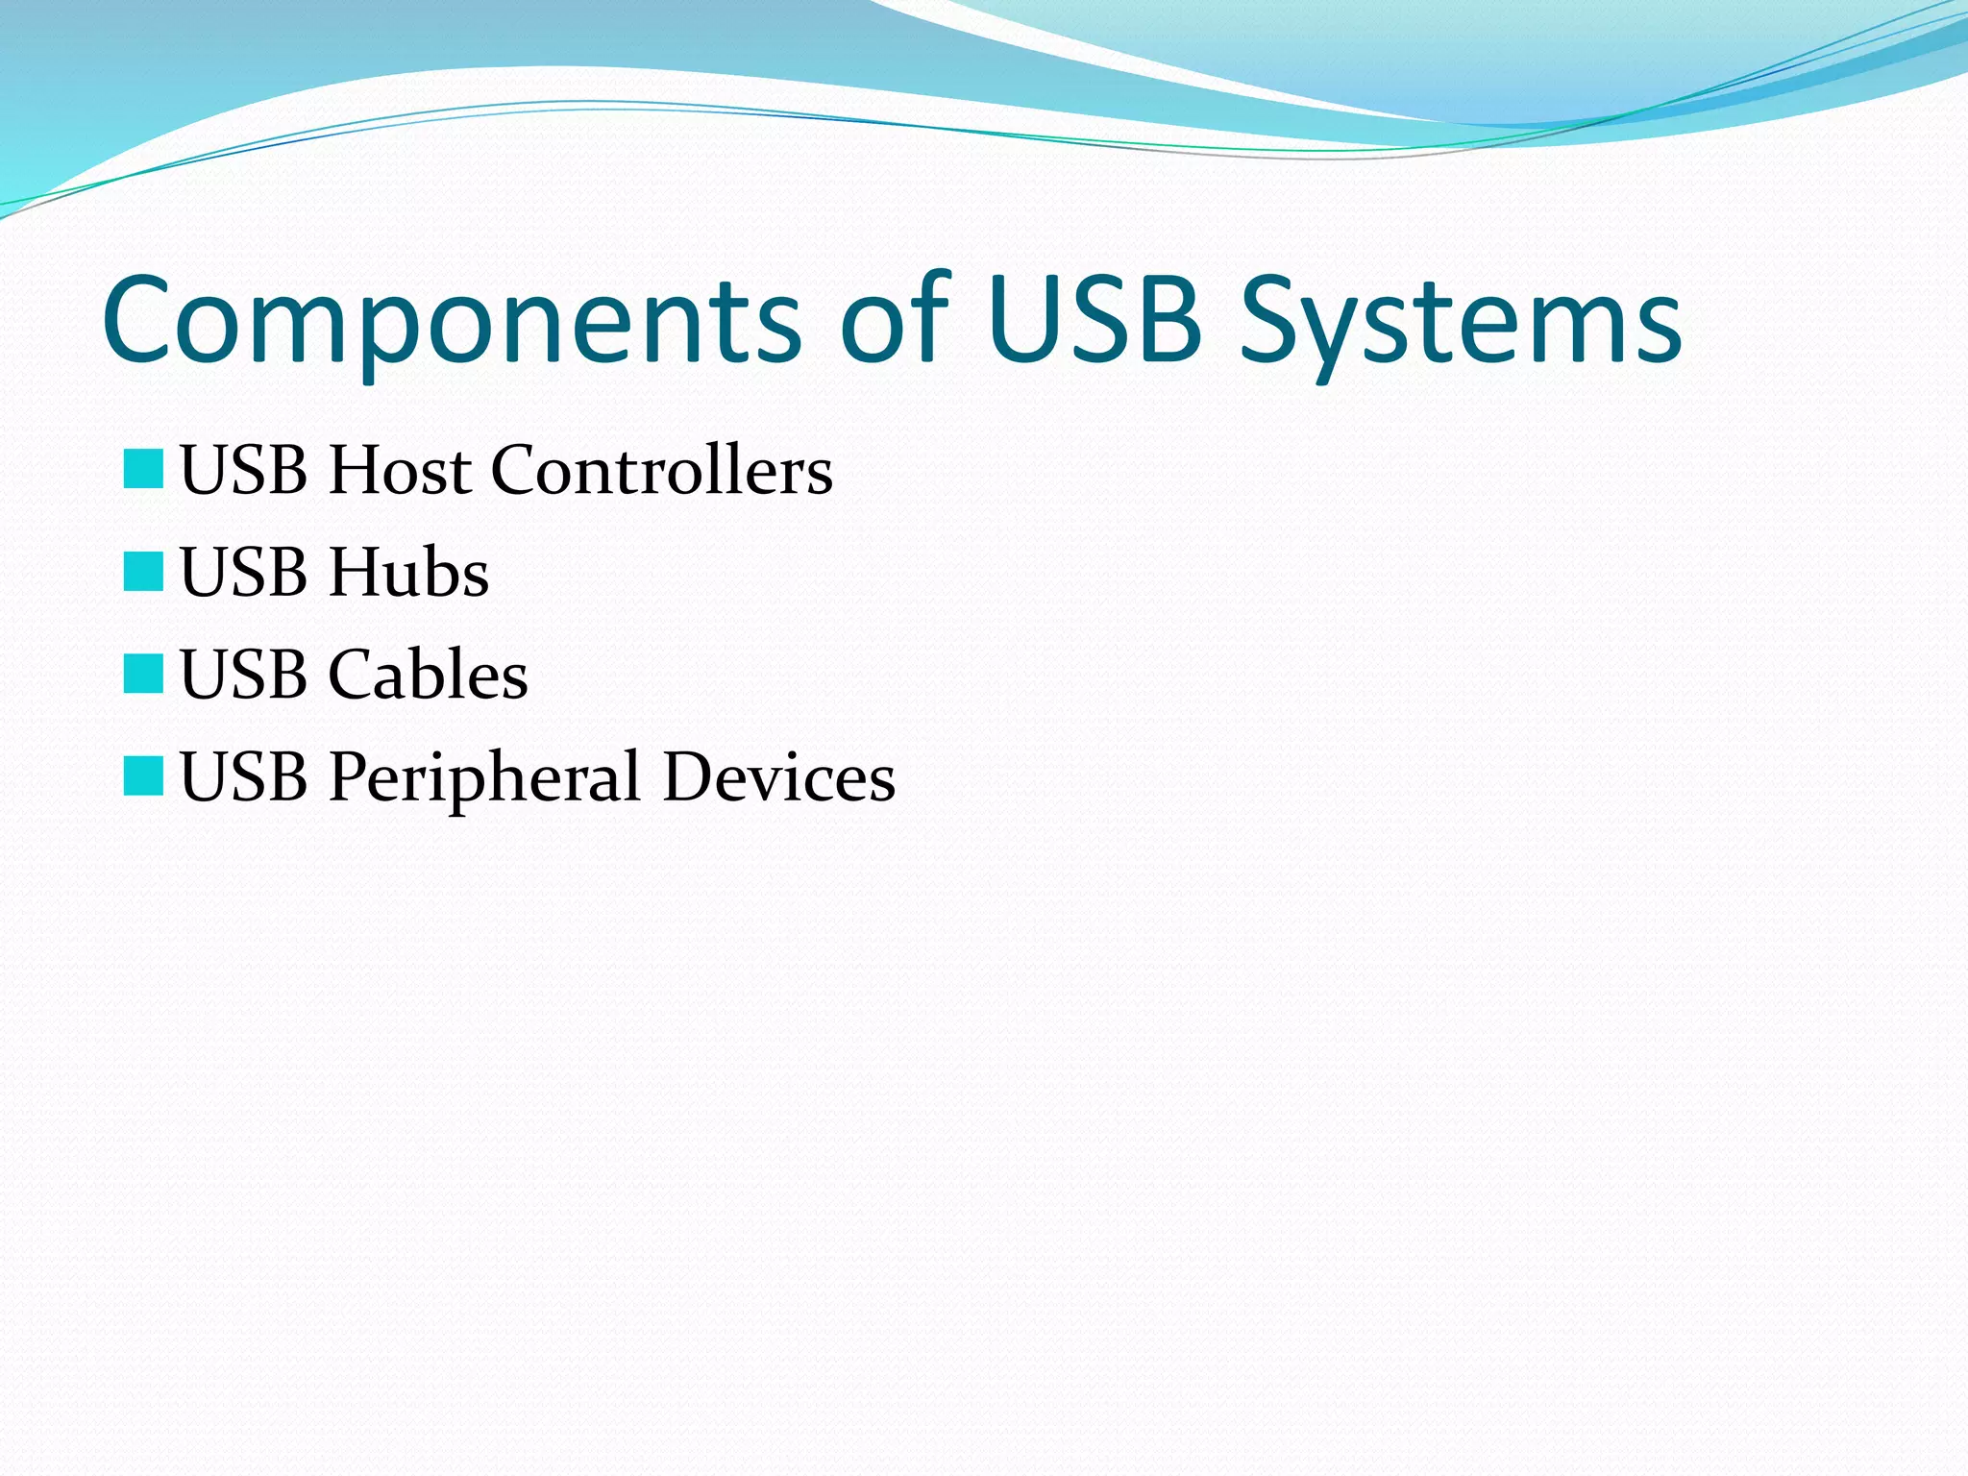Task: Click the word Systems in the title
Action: (1460, 321)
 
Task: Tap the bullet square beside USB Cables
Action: (143, 674)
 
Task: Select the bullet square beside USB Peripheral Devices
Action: (143, 775)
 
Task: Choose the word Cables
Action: (428, 675)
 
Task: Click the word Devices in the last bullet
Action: (778, 776)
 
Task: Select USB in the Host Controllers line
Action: (244, 471)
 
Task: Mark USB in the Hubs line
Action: (244, 573)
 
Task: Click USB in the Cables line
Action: (244, 675)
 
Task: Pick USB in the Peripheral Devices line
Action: (244, 776)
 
